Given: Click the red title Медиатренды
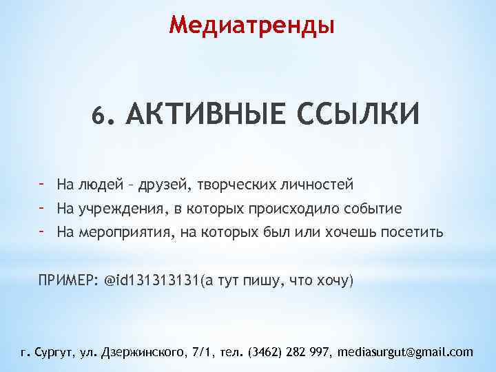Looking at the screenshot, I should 252,25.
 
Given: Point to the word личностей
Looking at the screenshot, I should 318,185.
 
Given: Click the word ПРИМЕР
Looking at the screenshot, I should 68,281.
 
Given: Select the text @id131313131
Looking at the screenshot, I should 151,281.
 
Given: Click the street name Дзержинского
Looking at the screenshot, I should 144,352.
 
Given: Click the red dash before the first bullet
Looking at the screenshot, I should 42,183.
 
